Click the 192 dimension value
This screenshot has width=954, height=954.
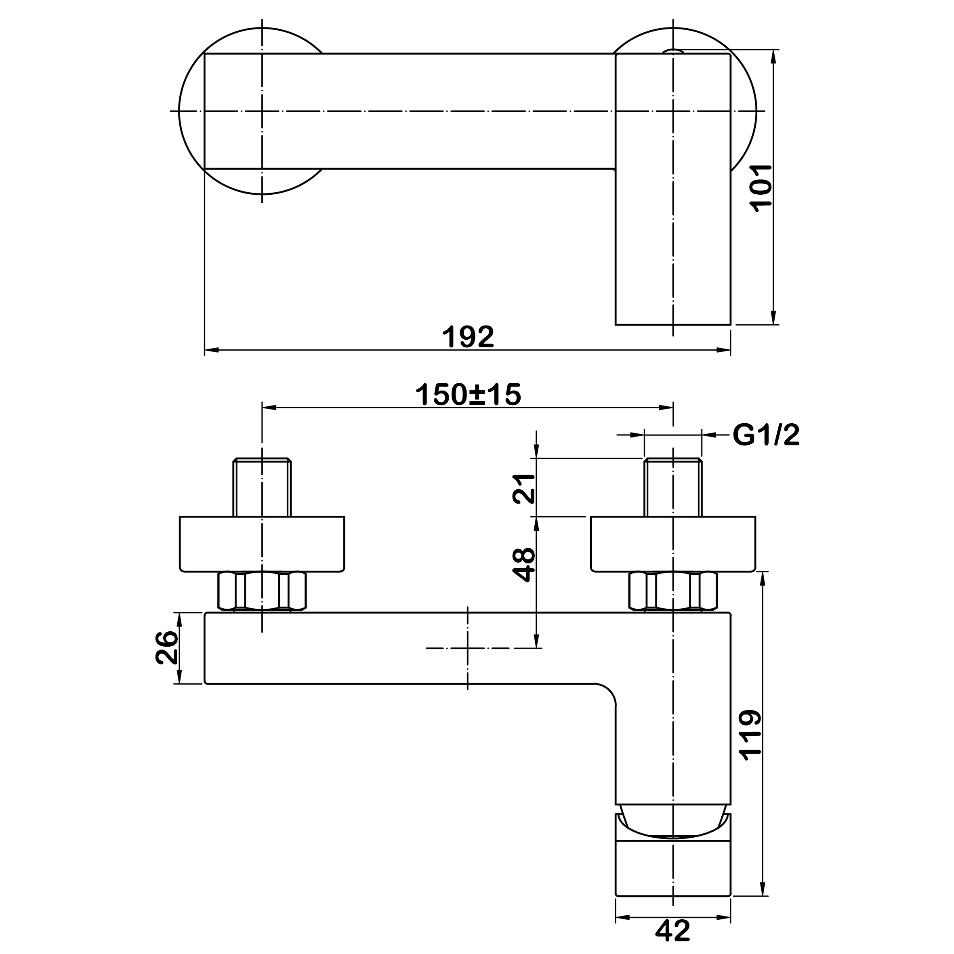468,336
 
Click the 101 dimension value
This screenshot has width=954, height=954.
761,188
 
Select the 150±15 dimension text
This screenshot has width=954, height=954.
468,395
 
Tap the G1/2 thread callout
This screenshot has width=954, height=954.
766,435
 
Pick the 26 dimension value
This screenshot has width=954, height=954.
166,647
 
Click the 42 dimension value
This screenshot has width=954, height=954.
672,931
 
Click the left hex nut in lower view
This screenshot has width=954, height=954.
262,591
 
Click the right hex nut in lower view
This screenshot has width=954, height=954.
672,591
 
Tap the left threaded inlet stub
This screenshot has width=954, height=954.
262,488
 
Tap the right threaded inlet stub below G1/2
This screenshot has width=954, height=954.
672,488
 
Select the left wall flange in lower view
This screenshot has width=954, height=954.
262,544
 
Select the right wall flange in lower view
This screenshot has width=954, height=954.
672,544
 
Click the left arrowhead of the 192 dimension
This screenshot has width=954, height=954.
211,350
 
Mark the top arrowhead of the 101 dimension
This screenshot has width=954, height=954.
773,57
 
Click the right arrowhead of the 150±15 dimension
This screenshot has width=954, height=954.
666,408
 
